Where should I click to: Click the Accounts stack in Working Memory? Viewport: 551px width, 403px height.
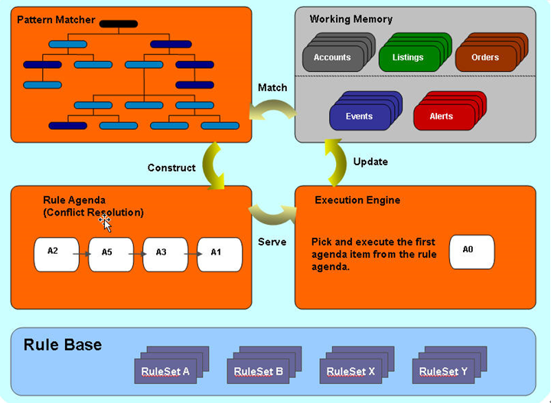(x=332, y=57)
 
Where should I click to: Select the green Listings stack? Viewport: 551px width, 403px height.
(x=408, y=57)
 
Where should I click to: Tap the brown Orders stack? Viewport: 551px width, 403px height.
(x=484, y=57)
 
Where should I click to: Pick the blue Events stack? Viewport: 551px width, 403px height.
(x=359, y=116)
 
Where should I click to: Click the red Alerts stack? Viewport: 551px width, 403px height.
(x=442, y=116)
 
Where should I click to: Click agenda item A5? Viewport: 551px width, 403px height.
(x=111, y=254)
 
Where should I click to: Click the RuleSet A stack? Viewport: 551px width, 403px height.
(x=165, y=371)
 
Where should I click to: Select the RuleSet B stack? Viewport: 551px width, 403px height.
(x=259, y=371)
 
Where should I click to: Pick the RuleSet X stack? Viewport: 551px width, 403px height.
(x=351, y=371)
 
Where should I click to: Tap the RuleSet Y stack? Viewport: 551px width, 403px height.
(x=444, y=371)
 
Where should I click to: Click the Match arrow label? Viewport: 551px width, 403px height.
(x=272, y=88)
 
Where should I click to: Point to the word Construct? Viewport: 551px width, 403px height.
(x=171, y=167)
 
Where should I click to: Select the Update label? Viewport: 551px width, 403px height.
(x=370, y=161)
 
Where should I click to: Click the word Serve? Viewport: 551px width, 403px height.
(x=272, y=242)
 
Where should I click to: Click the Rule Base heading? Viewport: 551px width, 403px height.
(x=63, y=345)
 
